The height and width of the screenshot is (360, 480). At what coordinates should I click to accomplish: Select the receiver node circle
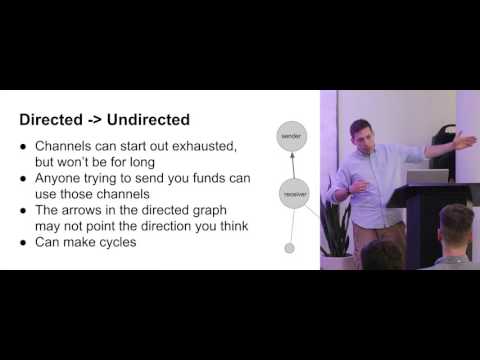click(294, 194)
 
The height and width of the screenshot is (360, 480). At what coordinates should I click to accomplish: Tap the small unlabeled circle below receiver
click(290, 247)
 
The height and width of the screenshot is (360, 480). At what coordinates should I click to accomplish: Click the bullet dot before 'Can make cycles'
click(22, 243)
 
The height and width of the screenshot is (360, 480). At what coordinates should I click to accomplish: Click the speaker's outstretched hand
click(464, 141)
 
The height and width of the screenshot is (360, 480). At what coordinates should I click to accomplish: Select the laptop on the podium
click(427, 177)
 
